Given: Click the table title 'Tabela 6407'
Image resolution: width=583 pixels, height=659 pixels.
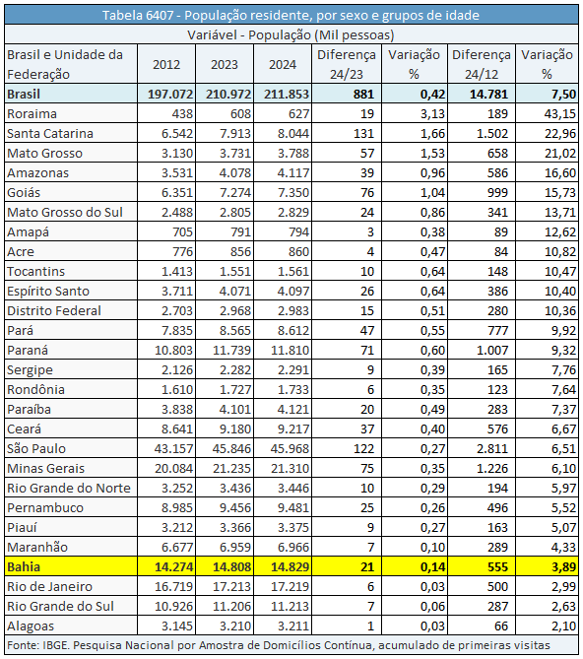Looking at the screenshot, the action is tap(138, 15).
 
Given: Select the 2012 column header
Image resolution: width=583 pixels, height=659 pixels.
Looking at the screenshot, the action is tap(166, 64).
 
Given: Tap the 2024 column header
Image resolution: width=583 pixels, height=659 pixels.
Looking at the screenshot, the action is tap(283, 64).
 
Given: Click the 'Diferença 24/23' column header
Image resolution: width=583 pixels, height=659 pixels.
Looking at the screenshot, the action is tap(347, 64).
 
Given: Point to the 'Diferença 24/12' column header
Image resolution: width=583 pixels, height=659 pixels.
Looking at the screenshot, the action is tap(482, 64).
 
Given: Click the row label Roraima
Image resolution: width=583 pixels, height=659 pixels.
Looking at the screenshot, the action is tap(32, 114).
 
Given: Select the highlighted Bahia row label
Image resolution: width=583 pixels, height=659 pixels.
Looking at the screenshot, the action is tap(24, 567).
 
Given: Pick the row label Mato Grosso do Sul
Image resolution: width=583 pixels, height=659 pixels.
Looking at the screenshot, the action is tap(65, 212).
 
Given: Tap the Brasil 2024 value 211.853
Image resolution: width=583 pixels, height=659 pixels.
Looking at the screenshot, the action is tap(287, 95).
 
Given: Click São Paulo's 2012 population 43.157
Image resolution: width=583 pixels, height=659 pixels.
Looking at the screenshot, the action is tap(173, 448).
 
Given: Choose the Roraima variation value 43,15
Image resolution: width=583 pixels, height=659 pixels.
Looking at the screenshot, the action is tap(560, 114).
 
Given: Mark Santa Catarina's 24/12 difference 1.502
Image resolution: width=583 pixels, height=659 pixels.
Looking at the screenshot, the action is tap(492, 134).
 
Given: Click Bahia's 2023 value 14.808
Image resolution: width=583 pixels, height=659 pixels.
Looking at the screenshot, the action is tap(231, 567).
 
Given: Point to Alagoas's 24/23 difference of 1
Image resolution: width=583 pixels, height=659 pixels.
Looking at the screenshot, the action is tap(370, 626).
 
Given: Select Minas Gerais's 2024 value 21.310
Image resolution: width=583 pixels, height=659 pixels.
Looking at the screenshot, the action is tap(291, 468).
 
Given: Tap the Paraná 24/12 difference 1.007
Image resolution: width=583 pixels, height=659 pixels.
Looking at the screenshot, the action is tap(492, 350).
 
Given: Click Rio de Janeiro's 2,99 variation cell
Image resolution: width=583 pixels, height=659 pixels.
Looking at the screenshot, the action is tap(563, 587).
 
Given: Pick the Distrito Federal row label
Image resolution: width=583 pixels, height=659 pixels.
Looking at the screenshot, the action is tap(54, 310).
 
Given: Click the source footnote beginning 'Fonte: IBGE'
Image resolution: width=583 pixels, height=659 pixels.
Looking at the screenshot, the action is tap(279, 645).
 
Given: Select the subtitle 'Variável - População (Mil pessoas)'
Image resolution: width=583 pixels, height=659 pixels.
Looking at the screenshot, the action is tap(291, 34).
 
